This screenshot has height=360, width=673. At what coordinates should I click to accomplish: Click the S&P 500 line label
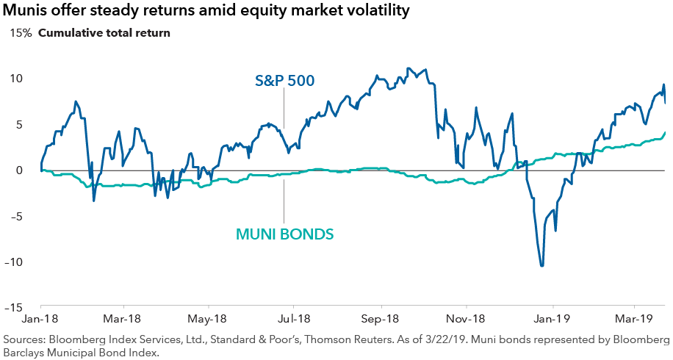pos(285,81)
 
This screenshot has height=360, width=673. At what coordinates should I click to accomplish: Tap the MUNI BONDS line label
pos(285,234)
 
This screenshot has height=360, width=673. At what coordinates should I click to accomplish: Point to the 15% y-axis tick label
pos(20,33)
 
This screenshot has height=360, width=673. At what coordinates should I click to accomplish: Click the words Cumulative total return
pos(104,33)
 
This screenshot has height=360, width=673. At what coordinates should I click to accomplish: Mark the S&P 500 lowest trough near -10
pos(542,265)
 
